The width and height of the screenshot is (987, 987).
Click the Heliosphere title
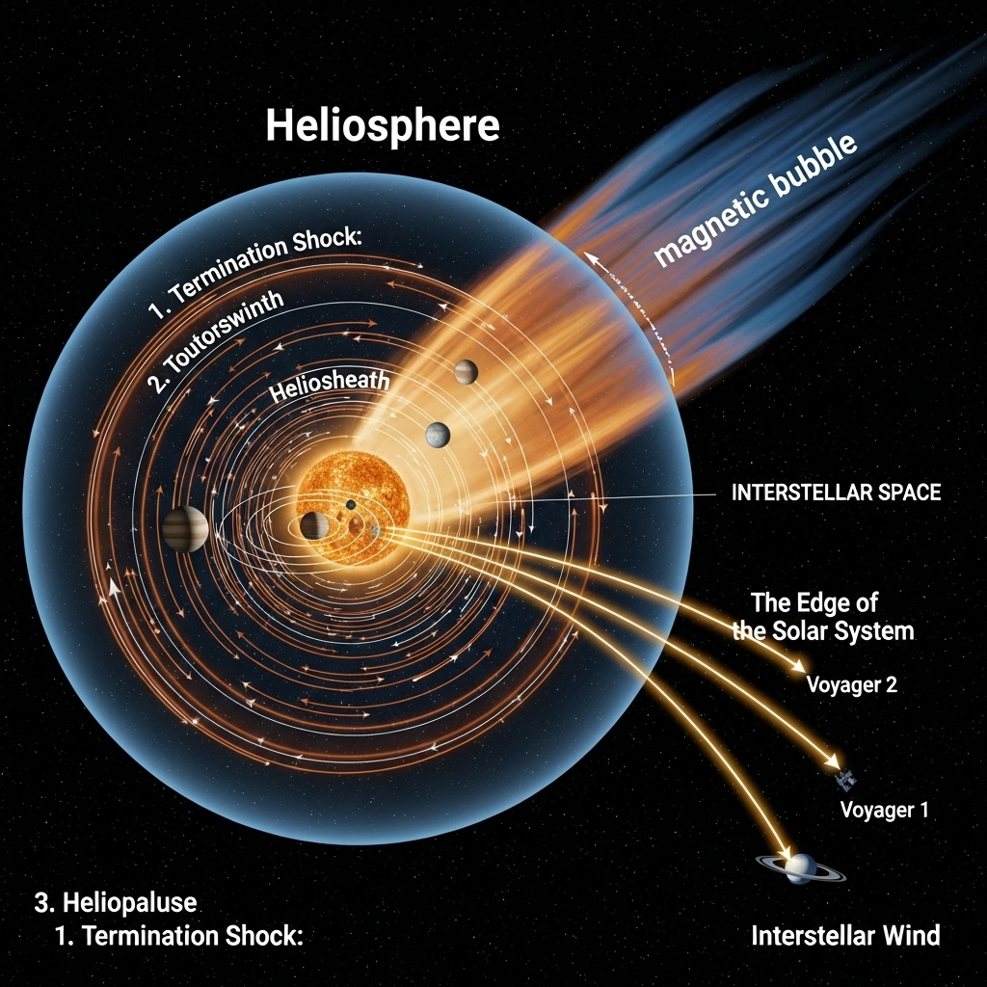[382, 126]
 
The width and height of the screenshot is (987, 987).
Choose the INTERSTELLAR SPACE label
[836, 493]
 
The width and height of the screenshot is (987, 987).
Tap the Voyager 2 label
[850, 685]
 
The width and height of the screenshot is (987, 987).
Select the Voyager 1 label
[884, 810]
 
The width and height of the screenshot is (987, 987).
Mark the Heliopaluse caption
[115, 903]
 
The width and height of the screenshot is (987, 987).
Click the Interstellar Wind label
[845, 935]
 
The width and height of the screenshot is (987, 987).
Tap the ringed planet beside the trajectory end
[801, 867]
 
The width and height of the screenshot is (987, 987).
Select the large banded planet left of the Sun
[180, 529]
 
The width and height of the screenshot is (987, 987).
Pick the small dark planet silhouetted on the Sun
[351, 505]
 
